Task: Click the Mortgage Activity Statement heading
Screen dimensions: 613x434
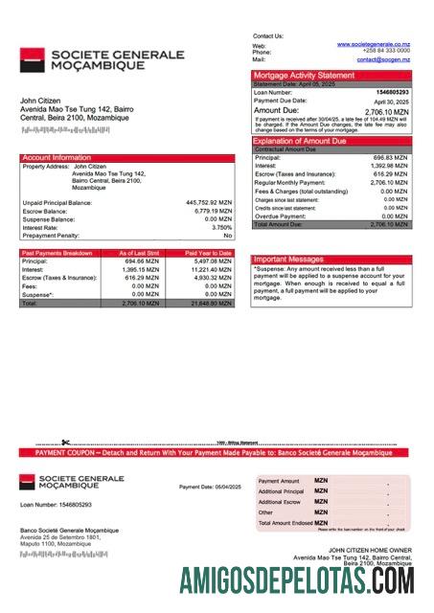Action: [303, 75]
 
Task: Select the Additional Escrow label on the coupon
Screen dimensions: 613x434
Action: [280, 502]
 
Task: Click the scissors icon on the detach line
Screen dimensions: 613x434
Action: [64, 443]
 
